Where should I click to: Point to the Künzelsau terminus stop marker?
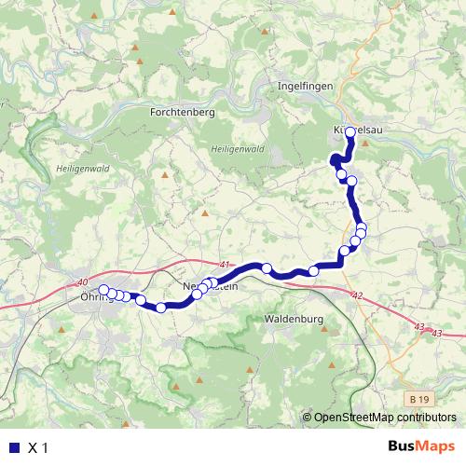(350, 132)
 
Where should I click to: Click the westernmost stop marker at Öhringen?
(103, 289)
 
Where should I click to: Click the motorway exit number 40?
(83, 282)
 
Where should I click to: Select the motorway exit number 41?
(225, 266)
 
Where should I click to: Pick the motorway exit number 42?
(357, 295)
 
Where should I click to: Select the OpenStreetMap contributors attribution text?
(385, 417)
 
